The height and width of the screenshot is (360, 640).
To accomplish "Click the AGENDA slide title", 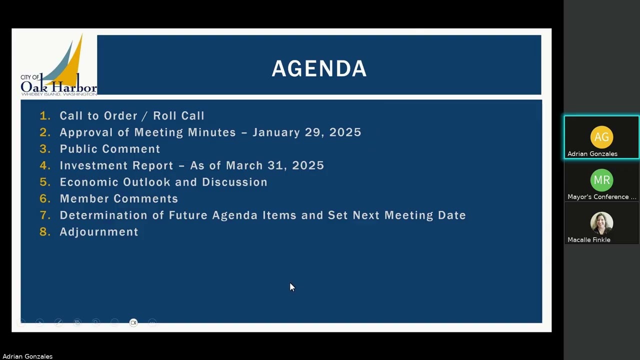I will pyautogui.click(x=319, y=69).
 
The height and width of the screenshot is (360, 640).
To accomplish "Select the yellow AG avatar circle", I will pyautogui.click(x=601, y=137).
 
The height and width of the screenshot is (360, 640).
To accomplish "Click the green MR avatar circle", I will pyautogui.click(x=601, y=180).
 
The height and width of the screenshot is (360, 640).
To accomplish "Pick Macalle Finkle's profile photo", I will pyautogui.click(x=601, y=223).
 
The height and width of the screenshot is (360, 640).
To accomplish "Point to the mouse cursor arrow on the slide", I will pyautogui.click(x=292, y=286).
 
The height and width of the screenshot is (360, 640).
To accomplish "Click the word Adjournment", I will pyautogui.click(x=99, y=232).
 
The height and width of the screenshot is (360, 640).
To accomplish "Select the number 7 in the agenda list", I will pyautogui.click(x=45, y=215).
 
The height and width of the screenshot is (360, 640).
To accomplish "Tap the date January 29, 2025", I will pyautogui.click(x=306, y=132).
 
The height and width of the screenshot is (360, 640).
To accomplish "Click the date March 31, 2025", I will pyautogui.click(x=274, y=165).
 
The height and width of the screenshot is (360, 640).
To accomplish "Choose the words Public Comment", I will pyautogui.click(x=110, y=149).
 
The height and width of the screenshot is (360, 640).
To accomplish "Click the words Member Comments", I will pyautogui.click(x=119, y=198).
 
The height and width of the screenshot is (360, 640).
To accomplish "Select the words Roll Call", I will pyautogui.click(x=178, y=116).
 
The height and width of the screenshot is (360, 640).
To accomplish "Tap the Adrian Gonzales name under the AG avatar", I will pyautogui.click(x=592, y=154).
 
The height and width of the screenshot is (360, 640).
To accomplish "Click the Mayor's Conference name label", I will pyautogui.click(x=601, y=197).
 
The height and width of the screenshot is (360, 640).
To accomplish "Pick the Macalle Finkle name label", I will pyautogui.click(x=588, y=240).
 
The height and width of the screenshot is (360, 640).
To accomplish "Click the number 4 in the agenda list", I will pyautogui.click(x=45, y=165).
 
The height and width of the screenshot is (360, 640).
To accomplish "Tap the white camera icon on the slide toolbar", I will pyautogui.click(x=133, y=322).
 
